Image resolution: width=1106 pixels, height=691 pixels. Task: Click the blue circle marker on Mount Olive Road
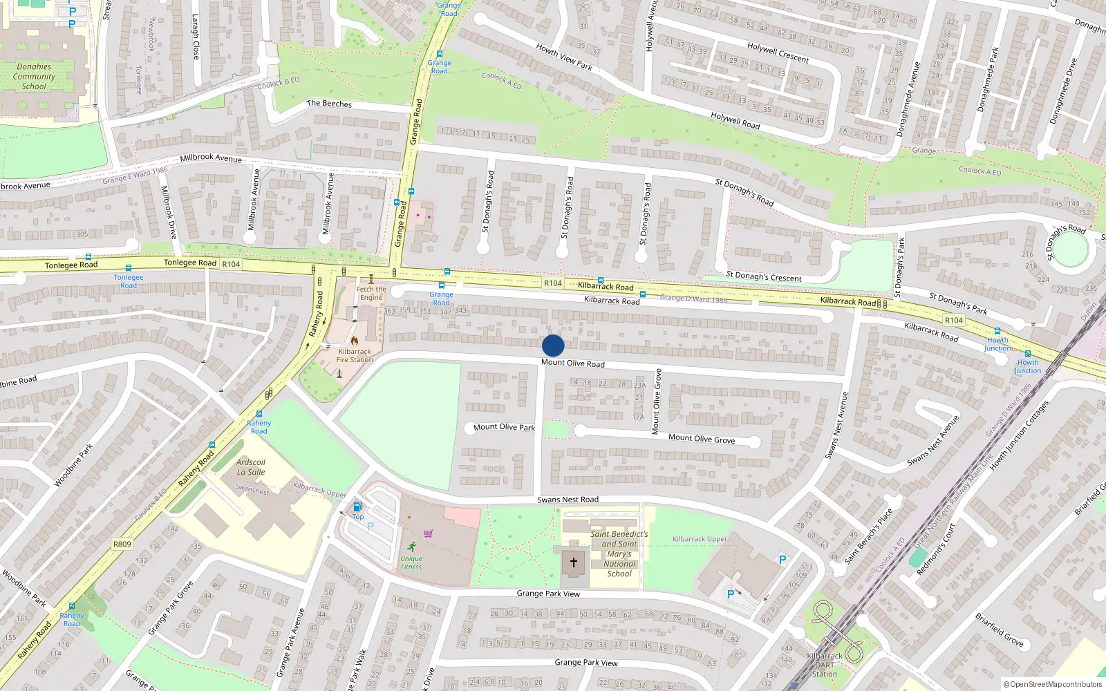coord(553,345)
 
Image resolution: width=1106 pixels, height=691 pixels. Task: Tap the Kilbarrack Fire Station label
coord(355,355)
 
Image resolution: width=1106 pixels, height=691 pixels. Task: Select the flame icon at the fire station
coord(355,341)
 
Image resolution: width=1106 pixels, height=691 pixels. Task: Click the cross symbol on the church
coord(573,562)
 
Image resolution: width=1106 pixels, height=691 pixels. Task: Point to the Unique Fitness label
coord(411,562)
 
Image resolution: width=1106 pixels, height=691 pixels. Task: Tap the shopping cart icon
coord(429,533)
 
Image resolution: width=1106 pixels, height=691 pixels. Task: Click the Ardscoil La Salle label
coord(251,467)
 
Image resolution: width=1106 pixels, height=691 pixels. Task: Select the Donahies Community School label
coord(34,77)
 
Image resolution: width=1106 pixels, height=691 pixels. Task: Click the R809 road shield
coord(122,544)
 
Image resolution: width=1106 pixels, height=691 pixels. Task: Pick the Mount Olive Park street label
coord(504,427)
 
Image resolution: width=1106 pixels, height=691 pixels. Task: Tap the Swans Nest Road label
coord(568,500)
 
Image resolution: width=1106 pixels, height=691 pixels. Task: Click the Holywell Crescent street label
coord(778,53)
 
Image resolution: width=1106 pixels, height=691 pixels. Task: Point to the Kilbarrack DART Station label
coord(825,665)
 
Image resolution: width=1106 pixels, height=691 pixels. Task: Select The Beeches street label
coord(329,104)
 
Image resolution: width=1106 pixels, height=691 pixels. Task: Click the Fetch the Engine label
coord(371,294)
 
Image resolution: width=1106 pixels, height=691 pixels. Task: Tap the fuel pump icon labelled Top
coord(357,507)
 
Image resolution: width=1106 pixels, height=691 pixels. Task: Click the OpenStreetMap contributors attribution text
coord(1052,684)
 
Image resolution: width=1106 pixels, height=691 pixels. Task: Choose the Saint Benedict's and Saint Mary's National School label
coord(619,553)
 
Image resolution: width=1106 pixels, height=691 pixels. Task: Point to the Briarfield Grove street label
coord(1000,629)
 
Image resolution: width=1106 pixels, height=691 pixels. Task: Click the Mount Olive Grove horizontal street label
coord(702,438)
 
